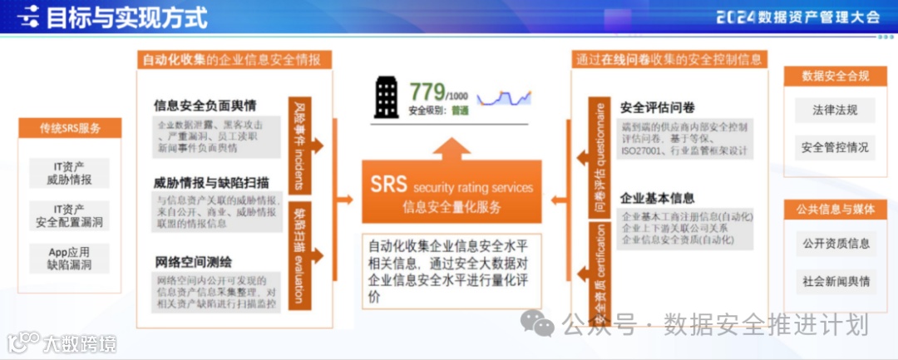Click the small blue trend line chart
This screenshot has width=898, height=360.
coord(504,97)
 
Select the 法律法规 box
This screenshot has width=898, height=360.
coord(834,110)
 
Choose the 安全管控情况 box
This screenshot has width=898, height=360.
coord(834,148)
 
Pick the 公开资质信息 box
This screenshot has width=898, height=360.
coord(834,244)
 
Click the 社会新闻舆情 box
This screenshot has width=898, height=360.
coord(834,281)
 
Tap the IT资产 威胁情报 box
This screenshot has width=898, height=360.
coord(69,173)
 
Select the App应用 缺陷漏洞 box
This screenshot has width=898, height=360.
coord(69,259)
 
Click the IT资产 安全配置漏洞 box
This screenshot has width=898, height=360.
coord(69,216)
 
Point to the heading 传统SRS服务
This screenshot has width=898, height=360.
coord(70,128)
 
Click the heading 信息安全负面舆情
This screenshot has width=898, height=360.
coord(205,106)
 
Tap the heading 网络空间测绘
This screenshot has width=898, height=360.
coord(194,262)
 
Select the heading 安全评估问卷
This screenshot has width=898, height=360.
coord(658,107)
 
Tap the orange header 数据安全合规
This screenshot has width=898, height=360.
coord(835,76)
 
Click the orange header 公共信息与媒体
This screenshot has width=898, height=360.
coord(835,210)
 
